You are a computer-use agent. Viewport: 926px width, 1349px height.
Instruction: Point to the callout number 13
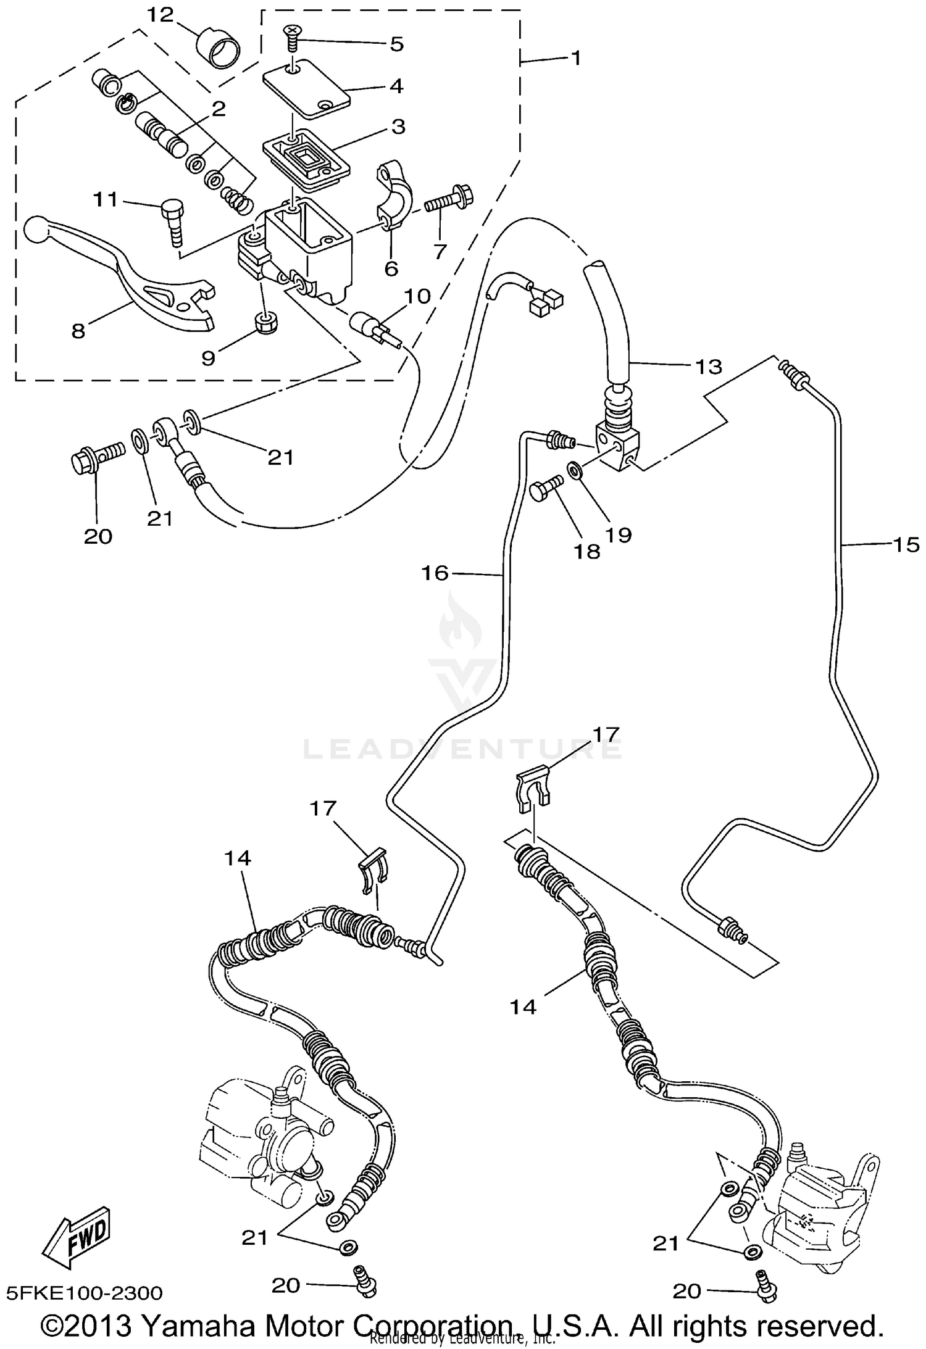point(708,367)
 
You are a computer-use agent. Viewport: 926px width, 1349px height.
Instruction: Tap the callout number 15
point(906,544)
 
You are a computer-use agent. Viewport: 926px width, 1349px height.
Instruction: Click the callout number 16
point(434,573)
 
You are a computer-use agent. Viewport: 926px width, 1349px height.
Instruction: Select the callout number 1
point(575,59)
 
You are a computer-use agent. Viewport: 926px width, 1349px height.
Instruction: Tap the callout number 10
point(418,296)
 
